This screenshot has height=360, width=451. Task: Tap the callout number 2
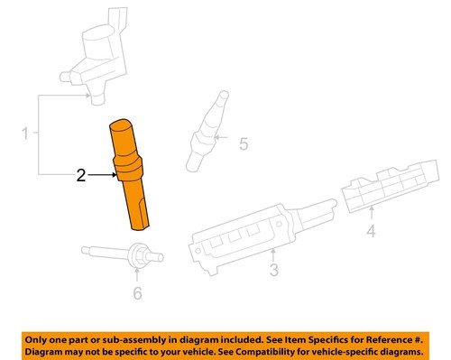point(80,178)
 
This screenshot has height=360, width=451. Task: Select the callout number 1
point(26,134)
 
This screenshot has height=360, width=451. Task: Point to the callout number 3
point(274,269)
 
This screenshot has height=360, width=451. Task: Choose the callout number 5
point(241,143)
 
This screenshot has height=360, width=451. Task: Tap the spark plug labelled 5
point(205,131)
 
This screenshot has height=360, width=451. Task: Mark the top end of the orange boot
point(126,124)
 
